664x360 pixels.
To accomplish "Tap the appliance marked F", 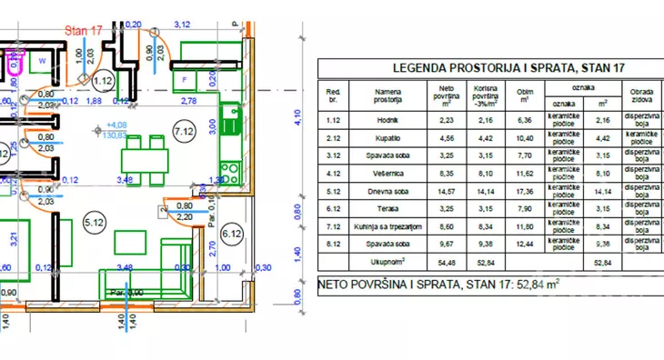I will tap(186, 79).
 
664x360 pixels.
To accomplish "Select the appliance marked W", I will tap(42, 62).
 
